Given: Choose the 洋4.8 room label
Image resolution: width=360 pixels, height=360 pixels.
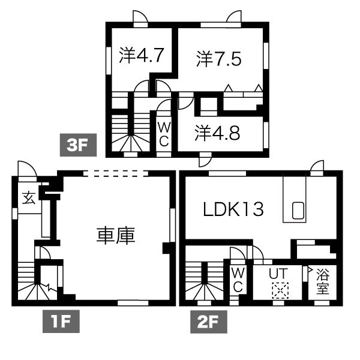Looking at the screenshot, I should coord(217,133).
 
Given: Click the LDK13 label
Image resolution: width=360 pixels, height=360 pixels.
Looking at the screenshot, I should coord(233,209).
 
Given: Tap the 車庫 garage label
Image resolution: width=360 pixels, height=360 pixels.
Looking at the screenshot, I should coord(116,234).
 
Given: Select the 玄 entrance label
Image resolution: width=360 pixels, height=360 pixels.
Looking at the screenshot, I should coord(28,197).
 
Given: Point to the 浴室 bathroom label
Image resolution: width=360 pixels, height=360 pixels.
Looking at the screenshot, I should coord(322,281).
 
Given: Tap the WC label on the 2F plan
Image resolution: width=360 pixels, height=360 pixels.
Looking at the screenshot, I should coord(237,279).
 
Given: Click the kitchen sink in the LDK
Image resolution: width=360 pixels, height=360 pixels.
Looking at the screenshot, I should coord(298,210).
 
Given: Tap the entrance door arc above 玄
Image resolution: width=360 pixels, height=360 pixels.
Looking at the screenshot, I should coord(26,169).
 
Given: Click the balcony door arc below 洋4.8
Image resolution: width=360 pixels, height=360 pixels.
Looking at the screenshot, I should coord(205,160).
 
